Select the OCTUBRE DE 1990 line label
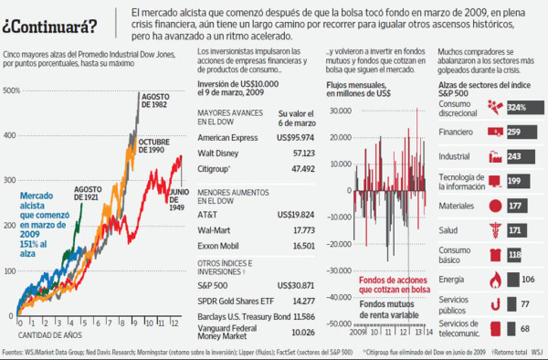[x=156, y=145]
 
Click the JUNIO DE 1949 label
[x=179, y=198]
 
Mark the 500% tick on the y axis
[x=12, y=90]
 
